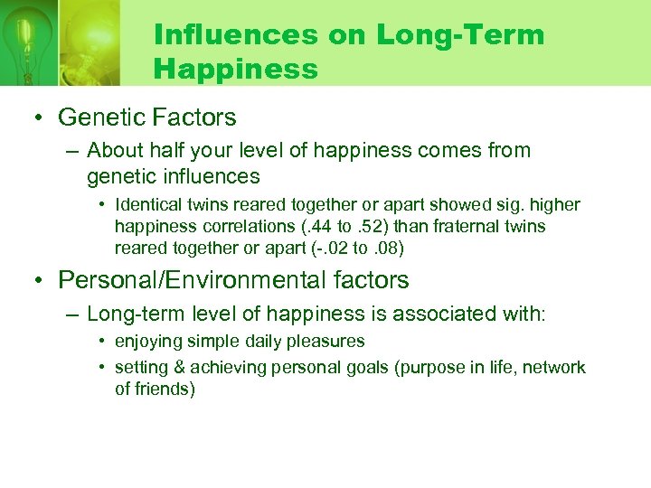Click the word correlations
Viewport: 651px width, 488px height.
234,226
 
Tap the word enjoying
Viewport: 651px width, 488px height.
146,342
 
